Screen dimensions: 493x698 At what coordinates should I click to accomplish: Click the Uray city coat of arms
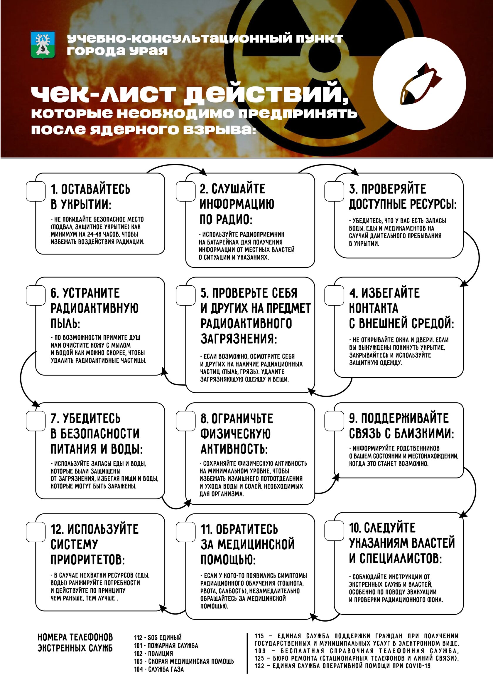pos(43,45)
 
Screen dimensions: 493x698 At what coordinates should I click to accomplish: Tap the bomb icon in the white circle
pos(419,83)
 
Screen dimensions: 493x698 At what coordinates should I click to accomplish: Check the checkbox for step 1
pos(36,191)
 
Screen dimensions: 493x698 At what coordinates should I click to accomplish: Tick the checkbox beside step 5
pos(185,295)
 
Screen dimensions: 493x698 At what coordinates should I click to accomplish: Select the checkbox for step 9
pos(334,421)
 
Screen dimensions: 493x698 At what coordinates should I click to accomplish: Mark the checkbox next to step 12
pos(36,532)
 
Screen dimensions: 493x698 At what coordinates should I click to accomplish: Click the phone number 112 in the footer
pos(138,637)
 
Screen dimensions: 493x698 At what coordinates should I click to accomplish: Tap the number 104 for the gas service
pos(138,669)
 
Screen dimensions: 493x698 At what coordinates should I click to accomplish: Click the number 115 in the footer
pos(259,636)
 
